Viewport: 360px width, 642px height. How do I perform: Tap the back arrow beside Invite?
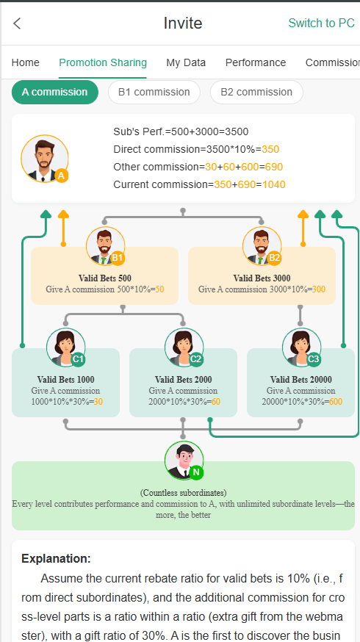(x=17, y=24)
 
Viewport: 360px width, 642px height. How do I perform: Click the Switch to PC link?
(x=322, y=23)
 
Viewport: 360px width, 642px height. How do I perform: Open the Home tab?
(x=26, y=62)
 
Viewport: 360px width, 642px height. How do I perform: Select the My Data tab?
(x=186, y=62)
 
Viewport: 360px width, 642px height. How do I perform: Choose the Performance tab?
(x=256, y=62)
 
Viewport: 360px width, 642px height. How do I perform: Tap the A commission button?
(x=55, y=92)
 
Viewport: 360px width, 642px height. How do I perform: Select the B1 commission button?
(x=154, y=92)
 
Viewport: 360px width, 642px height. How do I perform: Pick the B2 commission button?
(x=256, y=92)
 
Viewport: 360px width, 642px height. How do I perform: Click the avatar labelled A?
(x=45, y=159)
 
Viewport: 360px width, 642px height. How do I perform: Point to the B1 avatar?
(x=105, y=246)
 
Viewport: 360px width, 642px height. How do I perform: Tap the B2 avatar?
(x=262, y=246)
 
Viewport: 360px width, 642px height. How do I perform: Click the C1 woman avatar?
(x=66, y=347)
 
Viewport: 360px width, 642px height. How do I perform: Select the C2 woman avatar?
(x=184, y=347)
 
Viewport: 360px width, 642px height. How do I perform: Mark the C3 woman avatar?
(x=301, y=347)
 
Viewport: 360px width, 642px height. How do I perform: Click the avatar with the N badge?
(x=184, y=461)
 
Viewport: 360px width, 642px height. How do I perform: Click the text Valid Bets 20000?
(x=301, y=380)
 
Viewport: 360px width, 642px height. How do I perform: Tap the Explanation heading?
(x=56, y=558)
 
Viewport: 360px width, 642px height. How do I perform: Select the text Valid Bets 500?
(x=105, y=278)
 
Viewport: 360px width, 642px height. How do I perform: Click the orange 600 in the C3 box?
(x=336, y=402)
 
